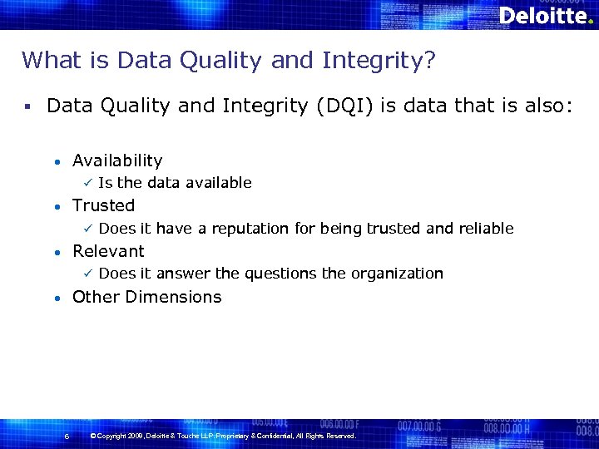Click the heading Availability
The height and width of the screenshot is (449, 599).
click(x=117, y=160)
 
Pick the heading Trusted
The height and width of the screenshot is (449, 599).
click(x=103, y=205)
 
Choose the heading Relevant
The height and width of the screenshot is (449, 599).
click(x=108, y=251)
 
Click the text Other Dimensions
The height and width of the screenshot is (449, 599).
click(x=146, y=297)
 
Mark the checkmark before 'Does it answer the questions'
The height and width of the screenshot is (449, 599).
click(x=85, y=274)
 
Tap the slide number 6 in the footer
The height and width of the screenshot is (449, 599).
click(x=67, y=437)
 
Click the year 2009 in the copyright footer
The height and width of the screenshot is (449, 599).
click(x=138, y=436)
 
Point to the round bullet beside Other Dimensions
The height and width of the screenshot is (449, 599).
click(x=56, y=298)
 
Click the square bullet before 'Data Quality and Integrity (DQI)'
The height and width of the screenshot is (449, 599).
click(x=27, y=107)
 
